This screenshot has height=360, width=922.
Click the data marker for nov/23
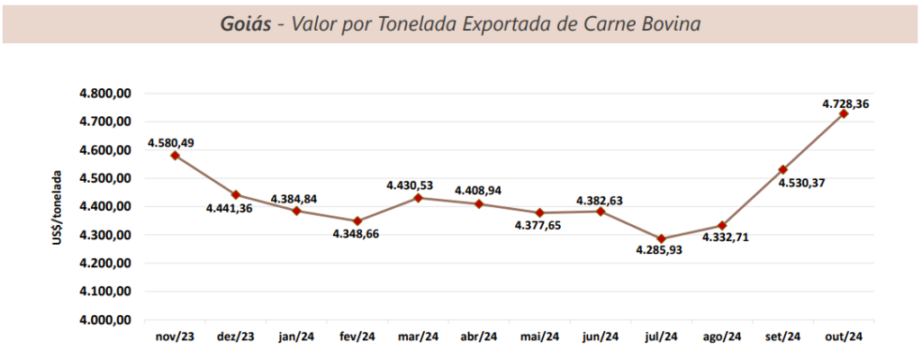[x=176, y=156]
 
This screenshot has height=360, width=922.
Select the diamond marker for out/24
[x=844, y=113]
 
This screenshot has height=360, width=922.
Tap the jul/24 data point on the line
[x=662, y=238]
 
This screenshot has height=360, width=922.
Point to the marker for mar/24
[x=419, y=197]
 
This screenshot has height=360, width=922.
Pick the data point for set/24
[x=783, y=169]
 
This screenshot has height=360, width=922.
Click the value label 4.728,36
[x=845, y=104]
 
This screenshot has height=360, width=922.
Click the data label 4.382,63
[x=601, y=199]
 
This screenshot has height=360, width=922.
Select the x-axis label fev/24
[x=357, y=337]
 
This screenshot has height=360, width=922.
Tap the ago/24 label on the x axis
[x=722, y=337]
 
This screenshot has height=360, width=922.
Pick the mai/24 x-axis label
[x=540, y=337]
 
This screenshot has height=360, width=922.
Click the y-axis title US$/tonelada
[x=58, y=207]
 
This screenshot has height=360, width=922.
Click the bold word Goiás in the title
[x=245, y=22]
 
